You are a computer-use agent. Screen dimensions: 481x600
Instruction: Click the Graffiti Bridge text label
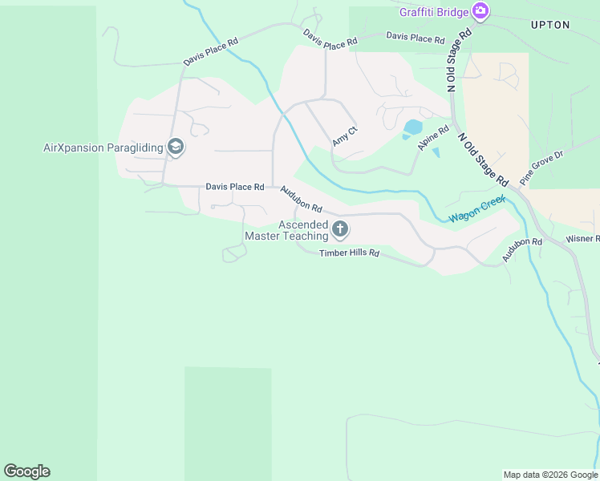[x=434, y=11]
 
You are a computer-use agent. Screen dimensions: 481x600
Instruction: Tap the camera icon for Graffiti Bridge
[x=480, y=10]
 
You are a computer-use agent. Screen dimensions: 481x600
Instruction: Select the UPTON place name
[x=550, y=25]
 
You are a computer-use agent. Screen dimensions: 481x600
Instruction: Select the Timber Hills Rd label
[x=349, y=253]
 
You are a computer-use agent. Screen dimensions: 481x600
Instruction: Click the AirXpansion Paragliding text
[x=103, y=148]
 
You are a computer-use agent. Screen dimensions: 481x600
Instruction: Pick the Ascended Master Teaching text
[x=286, y=231]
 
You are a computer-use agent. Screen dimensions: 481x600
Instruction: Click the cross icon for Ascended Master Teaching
[x=340, y=231]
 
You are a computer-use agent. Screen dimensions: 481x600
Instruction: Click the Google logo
[x=26, y=471]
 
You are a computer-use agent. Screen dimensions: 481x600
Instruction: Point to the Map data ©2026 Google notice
[x=550, y=475]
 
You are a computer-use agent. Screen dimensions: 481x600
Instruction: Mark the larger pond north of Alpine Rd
[x=412, y=127]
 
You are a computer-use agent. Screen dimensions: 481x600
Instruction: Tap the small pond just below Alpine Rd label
[x=436, y=152]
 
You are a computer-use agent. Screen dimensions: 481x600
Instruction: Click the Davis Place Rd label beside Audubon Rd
[x=235, y=187]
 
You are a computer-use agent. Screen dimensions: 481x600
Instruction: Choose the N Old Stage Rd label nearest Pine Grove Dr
[x=484, y=158]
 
